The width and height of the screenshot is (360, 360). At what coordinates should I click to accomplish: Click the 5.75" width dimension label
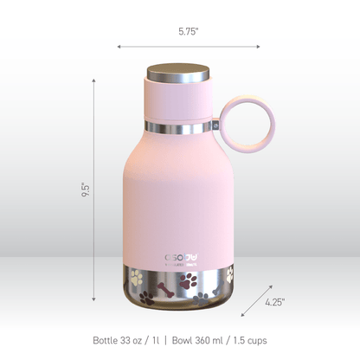[x=189, y=31]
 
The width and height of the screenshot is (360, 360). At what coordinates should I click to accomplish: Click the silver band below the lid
[x=179, y=129]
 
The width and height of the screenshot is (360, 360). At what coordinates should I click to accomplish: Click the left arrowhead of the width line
[x=119, y=46]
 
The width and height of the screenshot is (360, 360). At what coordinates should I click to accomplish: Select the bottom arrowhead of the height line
[x=93, y=299]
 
